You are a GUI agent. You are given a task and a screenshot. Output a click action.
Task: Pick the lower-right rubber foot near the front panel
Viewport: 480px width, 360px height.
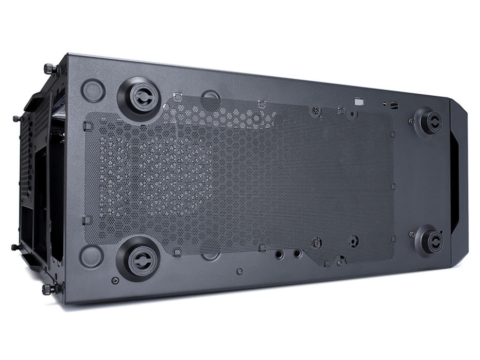pos(429,238)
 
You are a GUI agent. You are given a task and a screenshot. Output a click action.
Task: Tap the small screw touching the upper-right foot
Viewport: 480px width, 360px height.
pos(412,122)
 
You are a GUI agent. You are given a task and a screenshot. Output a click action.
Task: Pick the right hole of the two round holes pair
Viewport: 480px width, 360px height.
pos(298,253)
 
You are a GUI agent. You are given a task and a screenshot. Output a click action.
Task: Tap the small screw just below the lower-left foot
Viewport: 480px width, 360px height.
pos(115,280)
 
